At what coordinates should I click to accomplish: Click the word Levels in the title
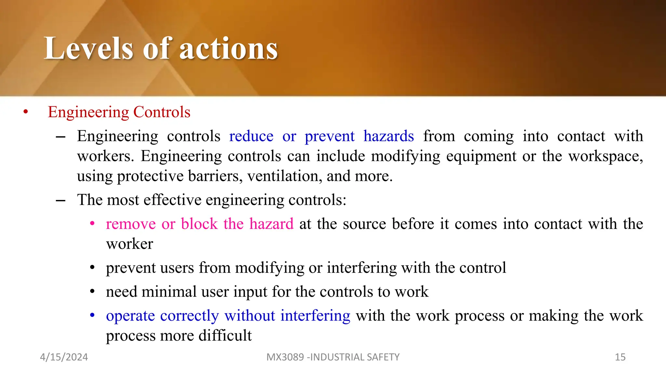[x=88, y=49]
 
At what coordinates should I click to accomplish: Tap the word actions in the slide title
[x=229, y=49]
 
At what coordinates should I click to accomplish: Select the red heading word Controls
[x=162, y=112]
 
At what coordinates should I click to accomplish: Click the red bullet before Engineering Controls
[x=26, y=112]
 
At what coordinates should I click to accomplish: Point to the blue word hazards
[x=389, y=136]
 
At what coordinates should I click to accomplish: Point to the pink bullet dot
[x=92, y=224]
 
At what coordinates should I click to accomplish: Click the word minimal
[x=169, y=292]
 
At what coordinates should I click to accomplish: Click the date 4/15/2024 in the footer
[x=64, y=357]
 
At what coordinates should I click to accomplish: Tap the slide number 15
[x=620, y=357]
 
